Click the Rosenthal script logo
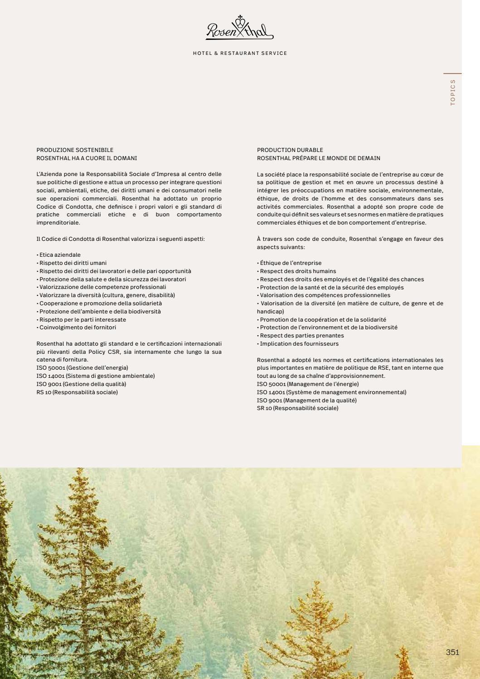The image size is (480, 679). point(240,29)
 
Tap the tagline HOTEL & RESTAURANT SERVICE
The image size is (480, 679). point(240,54)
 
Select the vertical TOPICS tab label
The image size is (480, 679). point(452,93)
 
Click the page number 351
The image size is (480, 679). point(452,652)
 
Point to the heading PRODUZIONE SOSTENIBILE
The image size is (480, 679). point(75,150)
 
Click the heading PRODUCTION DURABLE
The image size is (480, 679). point(290,150)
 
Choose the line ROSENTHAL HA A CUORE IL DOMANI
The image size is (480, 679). point(87,158)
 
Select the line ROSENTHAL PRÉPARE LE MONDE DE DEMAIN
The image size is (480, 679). point(319,158)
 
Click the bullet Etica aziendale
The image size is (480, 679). point(60,255)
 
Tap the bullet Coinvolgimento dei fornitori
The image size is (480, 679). point(78,327)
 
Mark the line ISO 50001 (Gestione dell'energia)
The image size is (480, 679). point(82,368)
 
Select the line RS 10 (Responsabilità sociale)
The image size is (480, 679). point(77,392)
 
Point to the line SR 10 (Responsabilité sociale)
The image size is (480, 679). point(297,408)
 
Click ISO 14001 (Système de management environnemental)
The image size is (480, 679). point(331,392)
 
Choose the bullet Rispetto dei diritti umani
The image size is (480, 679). point(73,263)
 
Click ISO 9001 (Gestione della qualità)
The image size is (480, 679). point(81,384)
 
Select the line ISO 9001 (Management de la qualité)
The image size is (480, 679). point(306,401)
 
